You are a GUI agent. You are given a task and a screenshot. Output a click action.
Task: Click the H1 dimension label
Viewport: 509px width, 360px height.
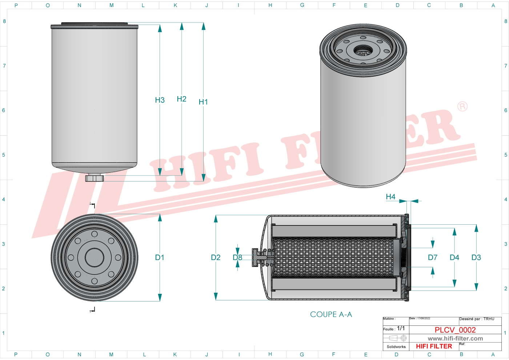203,102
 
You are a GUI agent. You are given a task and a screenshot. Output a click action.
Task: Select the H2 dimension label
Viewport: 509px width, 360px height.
181,99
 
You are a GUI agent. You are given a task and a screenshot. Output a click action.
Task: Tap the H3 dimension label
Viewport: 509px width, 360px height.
160,100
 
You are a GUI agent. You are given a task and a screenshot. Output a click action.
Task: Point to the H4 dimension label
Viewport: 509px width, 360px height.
390,197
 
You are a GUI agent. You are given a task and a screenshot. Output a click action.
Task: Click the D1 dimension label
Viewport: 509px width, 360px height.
160,257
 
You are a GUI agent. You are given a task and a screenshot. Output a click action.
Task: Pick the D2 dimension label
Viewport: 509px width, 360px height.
216,257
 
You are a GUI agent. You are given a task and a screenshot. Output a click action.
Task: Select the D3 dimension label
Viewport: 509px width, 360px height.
476,257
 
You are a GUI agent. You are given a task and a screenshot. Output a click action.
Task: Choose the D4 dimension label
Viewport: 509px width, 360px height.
454,257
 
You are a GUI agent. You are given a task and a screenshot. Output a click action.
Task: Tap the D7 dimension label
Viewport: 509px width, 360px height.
432,257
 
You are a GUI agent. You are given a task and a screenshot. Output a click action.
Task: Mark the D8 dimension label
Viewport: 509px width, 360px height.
237,257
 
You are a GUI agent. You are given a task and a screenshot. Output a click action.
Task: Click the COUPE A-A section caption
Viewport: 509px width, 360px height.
331,315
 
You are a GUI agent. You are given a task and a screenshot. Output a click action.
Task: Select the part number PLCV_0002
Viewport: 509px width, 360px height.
455,330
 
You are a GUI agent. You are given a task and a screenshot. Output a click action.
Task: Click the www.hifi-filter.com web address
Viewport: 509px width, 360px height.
455,339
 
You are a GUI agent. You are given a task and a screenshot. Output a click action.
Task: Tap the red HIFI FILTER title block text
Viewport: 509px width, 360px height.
434,346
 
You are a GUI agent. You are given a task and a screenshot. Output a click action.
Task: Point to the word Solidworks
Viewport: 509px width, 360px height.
396,347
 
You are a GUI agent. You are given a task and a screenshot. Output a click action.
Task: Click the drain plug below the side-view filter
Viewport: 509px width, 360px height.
95,178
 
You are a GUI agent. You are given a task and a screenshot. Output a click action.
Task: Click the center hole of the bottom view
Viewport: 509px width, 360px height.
95,257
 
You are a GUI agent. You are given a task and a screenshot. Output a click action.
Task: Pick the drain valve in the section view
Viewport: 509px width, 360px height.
259,257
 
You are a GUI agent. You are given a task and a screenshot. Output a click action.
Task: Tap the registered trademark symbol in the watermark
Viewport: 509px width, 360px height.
462,107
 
